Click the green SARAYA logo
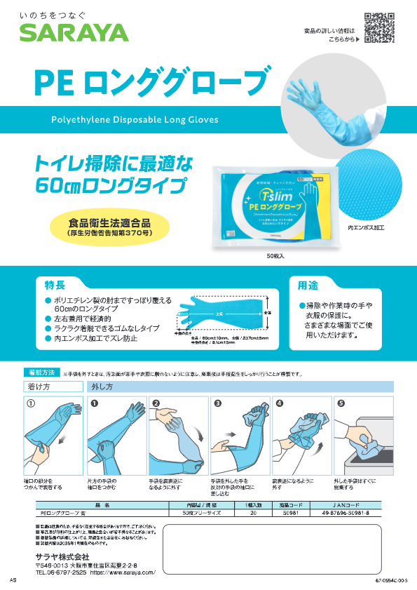click(74, 32)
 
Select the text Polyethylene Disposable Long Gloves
click(135, 120)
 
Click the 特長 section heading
click(76, 286)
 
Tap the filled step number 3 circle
click(218, 403)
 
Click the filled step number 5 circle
click(341, 403)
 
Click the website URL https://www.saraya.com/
click(125, 572)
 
